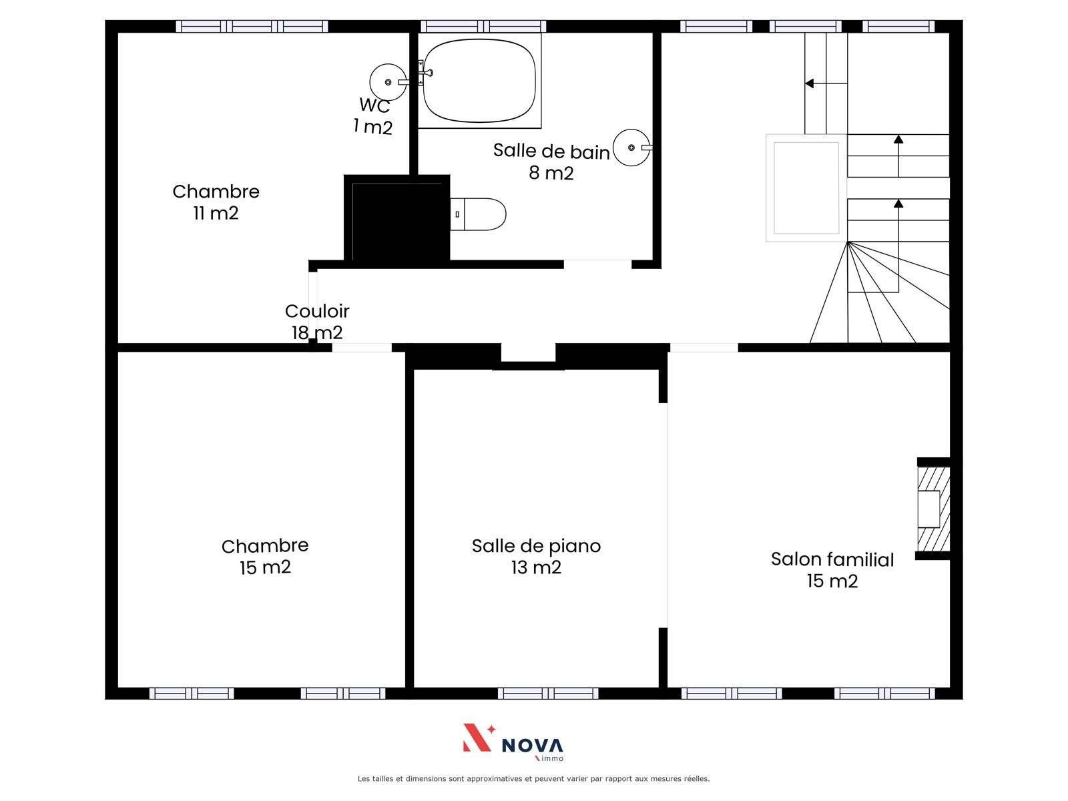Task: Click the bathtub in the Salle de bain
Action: (479, 81)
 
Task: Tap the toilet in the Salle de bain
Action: (478, 214)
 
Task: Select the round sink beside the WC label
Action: (388, 82)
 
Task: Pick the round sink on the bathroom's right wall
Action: (632, 148)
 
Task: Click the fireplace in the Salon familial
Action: (933, 509)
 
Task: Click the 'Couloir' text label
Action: (317, 311)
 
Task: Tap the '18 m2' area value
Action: (317, 332)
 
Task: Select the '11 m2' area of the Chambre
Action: (216, 213)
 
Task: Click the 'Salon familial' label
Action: (832, 559)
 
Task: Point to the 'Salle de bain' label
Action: (551, 151)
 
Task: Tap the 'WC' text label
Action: (374, 105)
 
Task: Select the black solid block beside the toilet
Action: (397, 219)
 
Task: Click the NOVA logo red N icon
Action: (479, 738)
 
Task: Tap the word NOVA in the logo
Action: (532, 746)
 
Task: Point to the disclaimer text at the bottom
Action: (534, 778)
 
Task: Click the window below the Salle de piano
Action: (548, 693)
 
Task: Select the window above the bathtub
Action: (483, 26)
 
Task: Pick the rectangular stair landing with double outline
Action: (807, 188)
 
